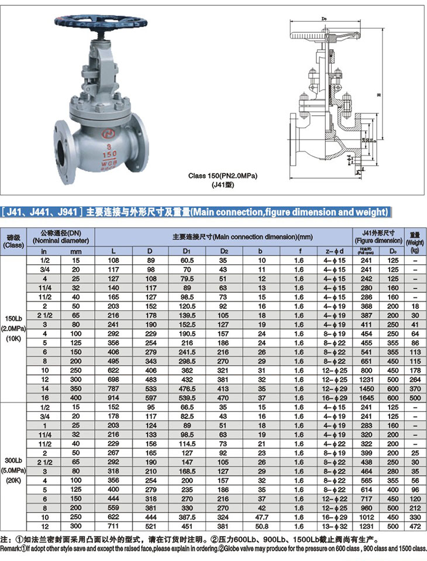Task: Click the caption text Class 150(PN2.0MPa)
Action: [223, 175]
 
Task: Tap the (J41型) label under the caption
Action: [222, 185]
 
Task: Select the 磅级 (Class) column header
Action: [13, 241]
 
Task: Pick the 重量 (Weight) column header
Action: [415, 237]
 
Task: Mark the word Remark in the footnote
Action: [11, 550]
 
